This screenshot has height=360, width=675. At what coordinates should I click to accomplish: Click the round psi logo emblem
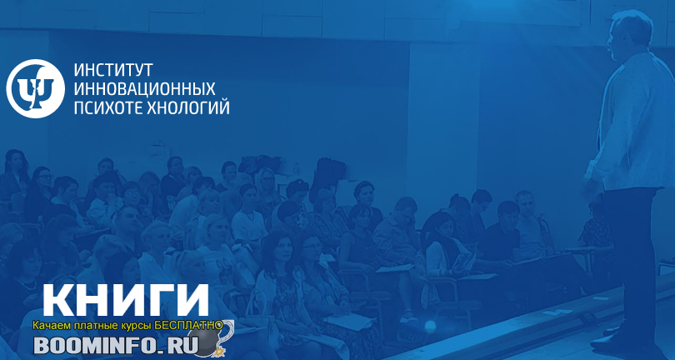[35, 88]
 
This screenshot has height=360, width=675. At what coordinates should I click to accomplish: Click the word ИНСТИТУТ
[113, 70]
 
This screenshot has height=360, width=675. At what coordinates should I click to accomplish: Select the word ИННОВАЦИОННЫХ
[145, 88]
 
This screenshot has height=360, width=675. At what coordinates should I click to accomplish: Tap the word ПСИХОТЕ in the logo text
[108, 107]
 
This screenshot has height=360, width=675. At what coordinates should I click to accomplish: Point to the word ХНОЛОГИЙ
[188, 107]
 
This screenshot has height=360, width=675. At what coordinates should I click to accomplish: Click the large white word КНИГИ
[126, 301]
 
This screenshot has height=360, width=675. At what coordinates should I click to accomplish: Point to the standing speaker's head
[630, 35]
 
